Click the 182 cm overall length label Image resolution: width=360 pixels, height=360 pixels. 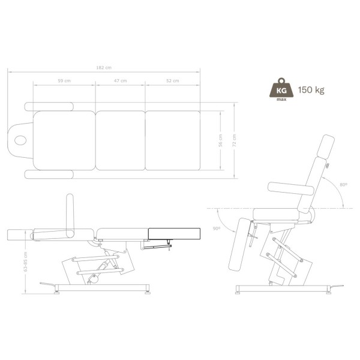104,67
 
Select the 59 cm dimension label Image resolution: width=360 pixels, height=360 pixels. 64,80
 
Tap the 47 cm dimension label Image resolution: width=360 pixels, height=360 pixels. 121,80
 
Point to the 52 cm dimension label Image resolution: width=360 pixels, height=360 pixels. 173,80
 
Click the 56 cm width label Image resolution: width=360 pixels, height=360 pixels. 220,140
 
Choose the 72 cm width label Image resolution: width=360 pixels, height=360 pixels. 234,140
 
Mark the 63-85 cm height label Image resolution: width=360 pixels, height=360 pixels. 25,262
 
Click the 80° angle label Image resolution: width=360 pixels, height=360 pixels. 343,185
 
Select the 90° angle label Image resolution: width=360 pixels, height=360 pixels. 217,229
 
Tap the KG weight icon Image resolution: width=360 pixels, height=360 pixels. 281,89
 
